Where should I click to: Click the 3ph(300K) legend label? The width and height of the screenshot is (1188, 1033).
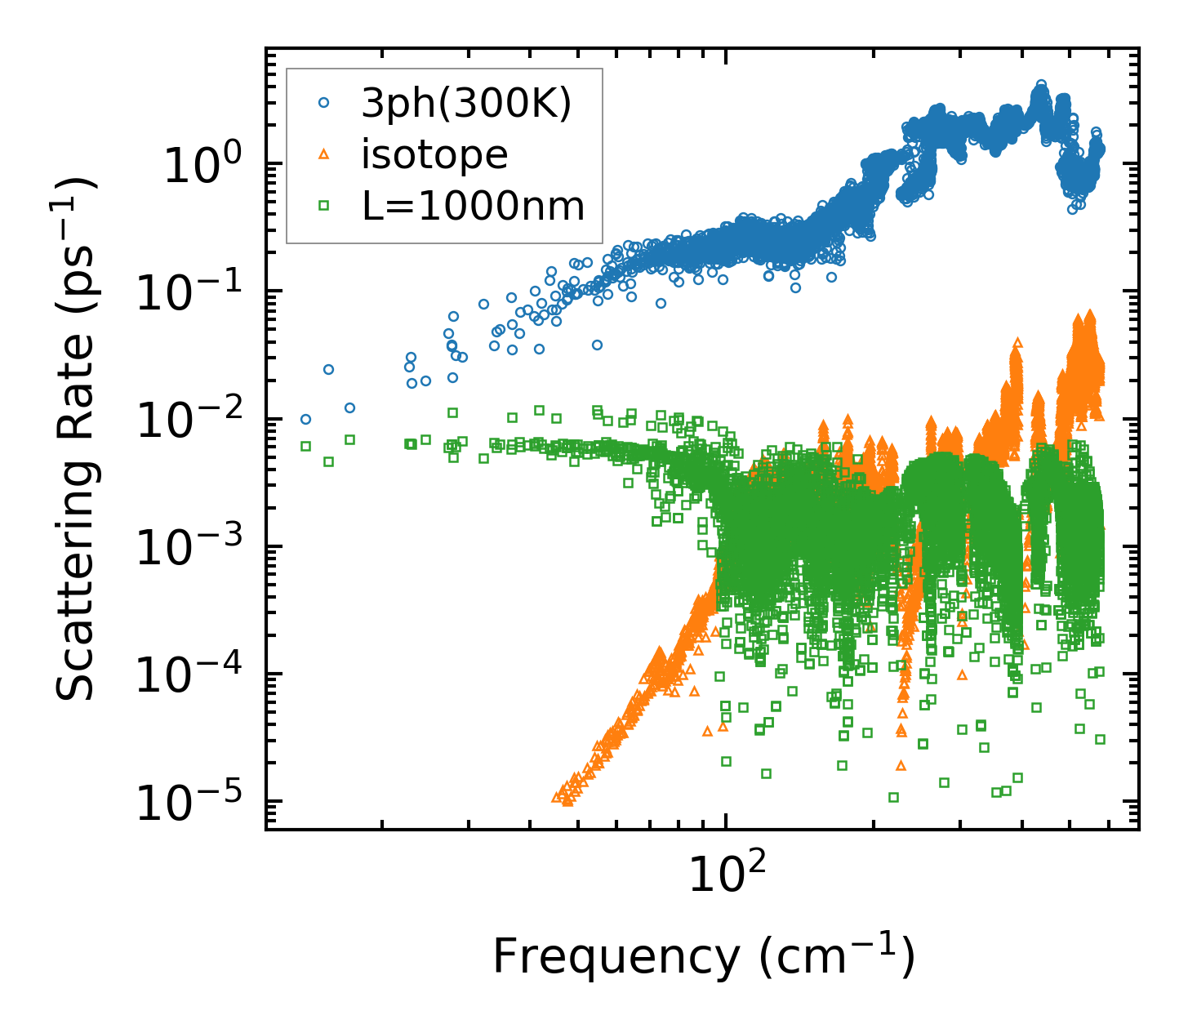click(466, 105)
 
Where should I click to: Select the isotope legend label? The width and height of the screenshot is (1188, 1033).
click(434, 154)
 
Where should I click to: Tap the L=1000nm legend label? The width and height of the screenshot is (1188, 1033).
click(473, 207)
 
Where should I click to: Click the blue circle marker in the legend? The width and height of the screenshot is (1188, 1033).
click(323, 103)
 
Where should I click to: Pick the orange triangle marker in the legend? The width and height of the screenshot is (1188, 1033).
click(323, 154)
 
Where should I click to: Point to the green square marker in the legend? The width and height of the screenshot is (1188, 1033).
click(323, 207)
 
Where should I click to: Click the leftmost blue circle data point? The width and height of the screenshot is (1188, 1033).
click(305, 419)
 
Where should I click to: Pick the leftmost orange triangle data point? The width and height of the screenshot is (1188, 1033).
click(557, 798)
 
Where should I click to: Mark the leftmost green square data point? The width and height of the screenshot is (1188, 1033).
click(305, 446)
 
